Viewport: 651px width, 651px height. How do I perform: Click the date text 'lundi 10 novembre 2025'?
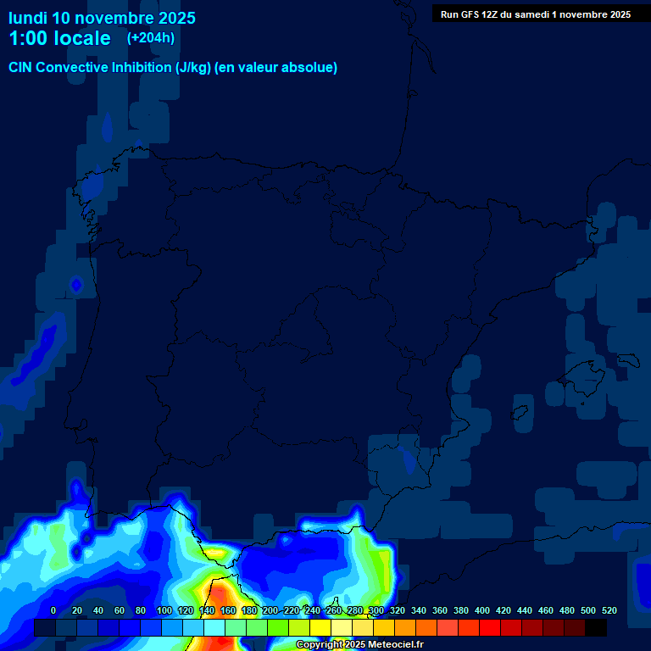click(x=102, y=18)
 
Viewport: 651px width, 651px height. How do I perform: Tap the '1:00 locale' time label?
click(x=59, y=38)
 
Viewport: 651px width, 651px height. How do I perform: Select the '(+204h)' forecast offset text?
click(x=151, y=37)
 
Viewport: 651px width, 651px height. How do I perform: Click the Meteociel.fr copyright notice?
click(x=359, y=645)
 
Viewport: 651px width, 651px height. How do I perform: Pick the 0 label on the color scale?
click(x=53, y=610)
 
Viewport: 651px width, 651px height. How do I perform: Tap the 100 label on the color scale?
click(x=164, y=610)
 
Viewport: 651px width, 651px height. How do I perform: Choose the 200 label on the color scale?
click(x=270, y=610)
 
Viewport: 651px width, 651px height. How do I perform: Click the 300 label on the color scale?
click(x=376, y=610)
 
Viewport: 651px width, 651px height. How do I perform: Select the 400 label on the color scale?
click(x=482, y=610)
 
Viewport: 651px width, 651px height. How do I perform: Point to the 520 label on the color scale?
click(x=609, y=610)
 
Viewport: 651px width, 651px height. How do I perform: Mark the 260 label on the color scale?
click(x=334, y=610)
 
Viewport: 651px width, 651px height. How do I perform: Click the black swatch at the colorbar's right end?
click(x=596, y=628)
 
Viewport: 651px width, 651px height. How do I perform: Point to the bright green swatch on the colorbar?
click(x=278, y=628)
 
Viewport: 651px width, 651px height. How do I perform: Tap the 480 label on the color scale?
click(x=567, y=610)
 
